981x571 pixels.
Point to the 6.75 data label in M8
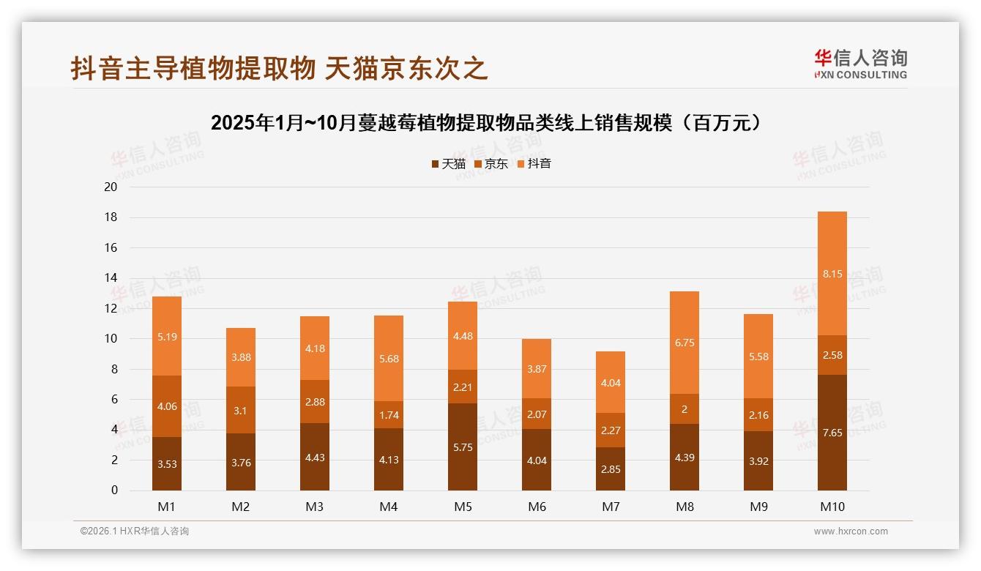(x=685, y=343)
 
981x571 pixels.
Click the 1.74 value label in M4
(x=389, y=415)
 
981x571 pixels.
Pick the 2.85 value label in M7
(x=611, y=469)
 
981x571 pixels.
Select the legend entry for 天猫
(x=448, y=164)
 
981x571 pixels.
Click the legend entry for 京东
(x=491, y=164)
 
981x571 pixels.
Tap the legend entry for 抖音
(x=534, y=164)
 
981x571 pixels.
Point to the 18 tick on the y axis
(x=111, y=217)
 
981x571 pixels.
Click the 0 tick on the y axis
(x=114, y=490)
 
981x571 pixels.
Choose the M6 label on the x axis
(x=537, y=507)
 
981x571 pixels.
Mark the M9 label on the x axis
(x=758, y=507)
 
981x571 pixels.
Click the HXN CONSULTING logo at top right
(x=860, y=64)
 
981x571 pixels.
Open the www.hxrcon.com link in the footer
(x=851, y=531)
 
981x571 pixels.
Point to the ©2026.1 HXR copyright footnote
(x=135, y=531)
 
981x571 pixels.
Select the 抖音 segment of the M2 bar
(x=241, y=357)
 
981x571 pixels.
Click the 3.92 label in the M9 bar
(x=758, y=461)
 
